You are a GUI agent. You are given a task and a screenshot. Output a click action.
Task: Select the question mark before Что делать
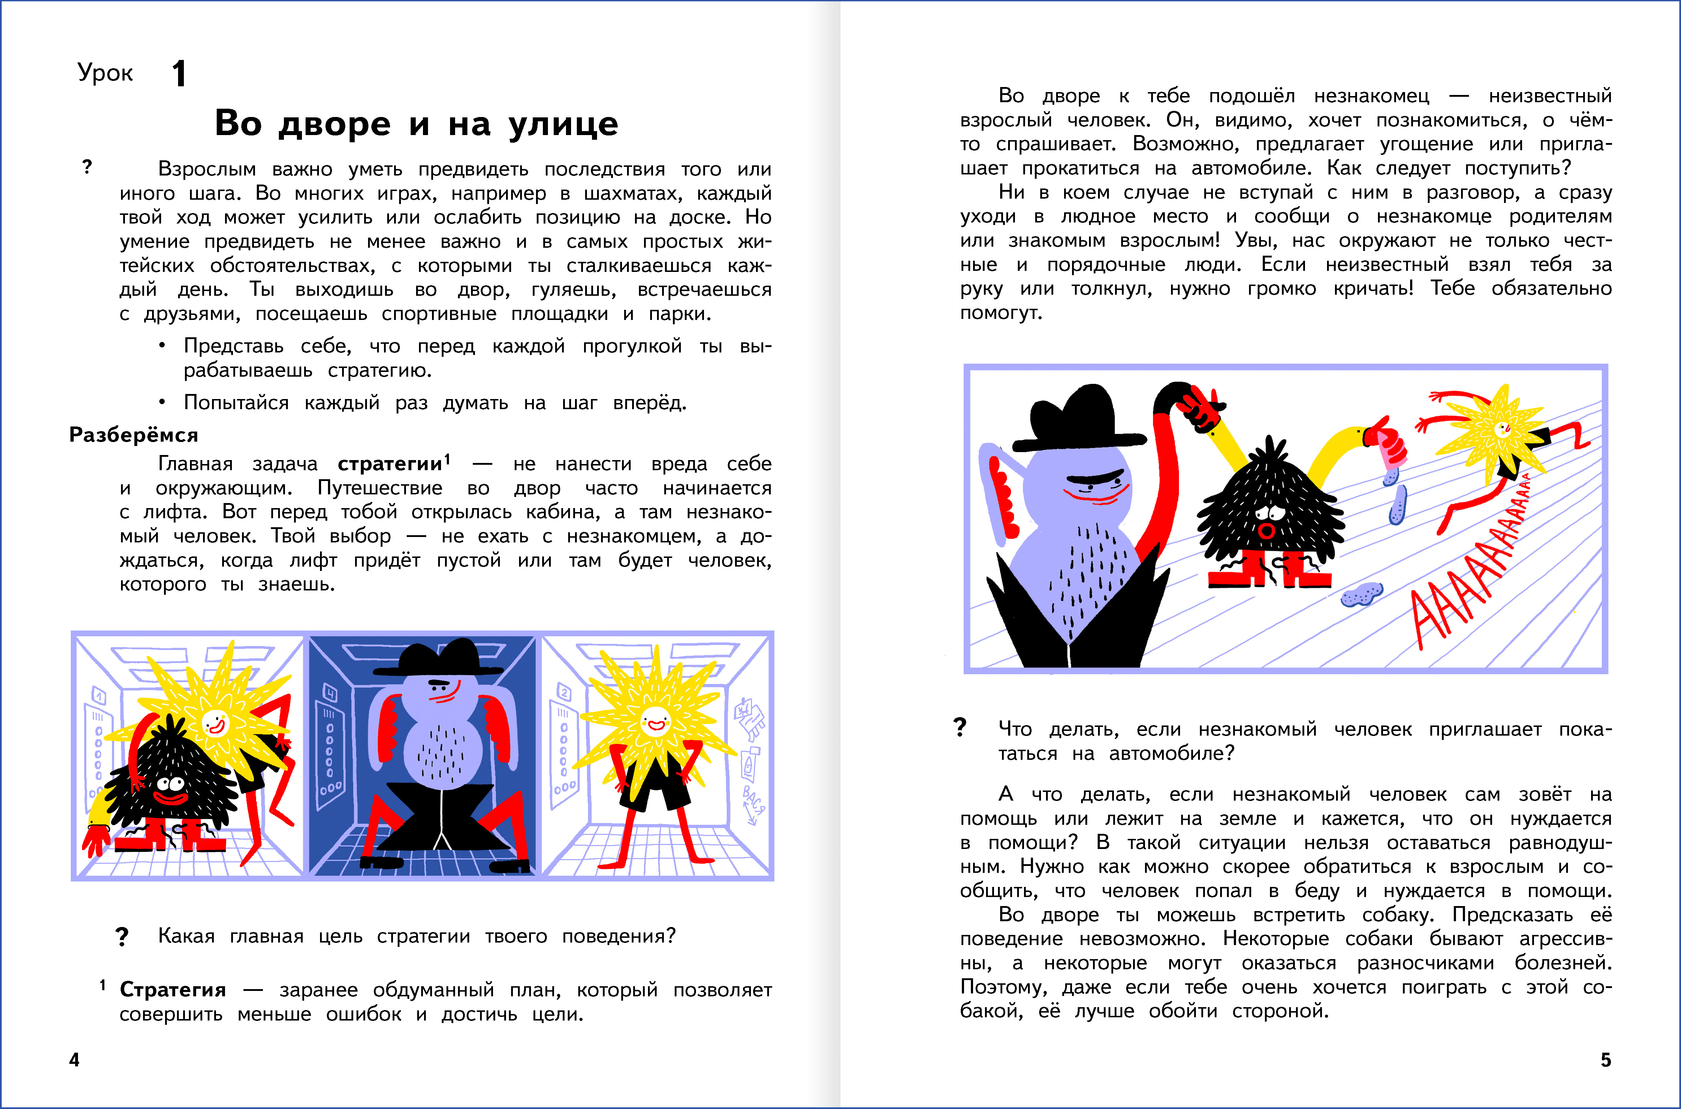(960, 728)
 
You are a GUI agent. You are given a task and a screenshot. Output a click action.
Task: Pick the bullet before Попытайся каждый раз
(162, 402)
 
